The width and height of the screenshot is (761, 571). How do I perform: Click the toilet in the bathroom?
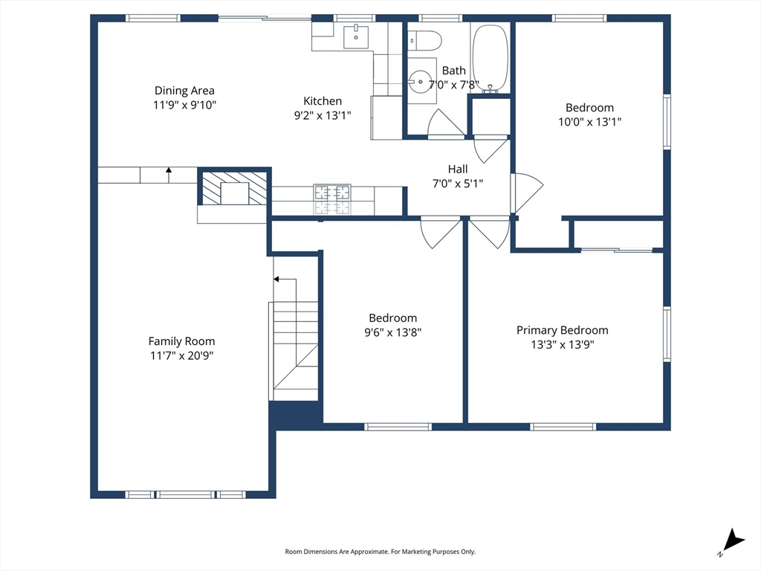click(424, 41)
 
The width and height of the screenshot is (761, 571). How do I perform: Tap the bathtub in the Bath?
click(490, 59)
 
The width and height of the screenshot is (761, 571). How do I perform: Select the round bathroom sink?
click(419, 81)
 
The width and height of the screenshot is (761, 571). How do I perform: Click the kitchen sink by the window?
click(356, 37)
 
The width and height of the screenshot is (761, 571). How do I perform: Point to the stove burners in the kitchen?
click(332, 199)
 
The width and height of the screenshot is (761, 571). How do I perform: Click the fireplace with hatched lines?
click(234, 188)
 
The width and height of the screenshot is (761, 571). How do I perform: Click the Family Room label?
click(181, 341)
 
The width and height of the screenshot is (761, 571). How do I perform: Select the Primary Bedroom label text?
click(562, 330)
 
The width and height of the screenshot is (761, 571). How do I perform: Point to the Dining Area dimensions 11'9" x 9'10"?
click(184, 105)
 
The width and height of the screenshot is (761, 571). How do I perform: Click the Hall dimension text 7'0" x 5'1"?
click(458, 184)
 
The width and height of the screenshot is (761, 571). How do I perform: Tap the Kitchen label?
click(323, 101)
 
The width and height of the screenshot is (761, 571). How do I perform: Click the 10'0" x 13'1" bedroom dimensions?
click(589, 122)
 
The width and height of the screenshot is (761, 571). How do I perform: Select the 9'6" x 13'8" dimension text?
click(392, 332)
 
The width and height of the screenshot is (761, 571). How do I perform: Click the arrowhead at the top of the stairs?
click(276, 280)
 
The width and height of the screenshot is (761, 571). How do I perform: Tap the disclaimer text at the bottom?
click(380, 552)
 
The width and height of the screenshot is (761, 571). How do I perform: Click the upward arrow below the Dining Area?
click(169, 175)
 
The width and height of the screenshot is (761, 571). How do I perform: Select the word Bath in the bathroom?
click(454, 71)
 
